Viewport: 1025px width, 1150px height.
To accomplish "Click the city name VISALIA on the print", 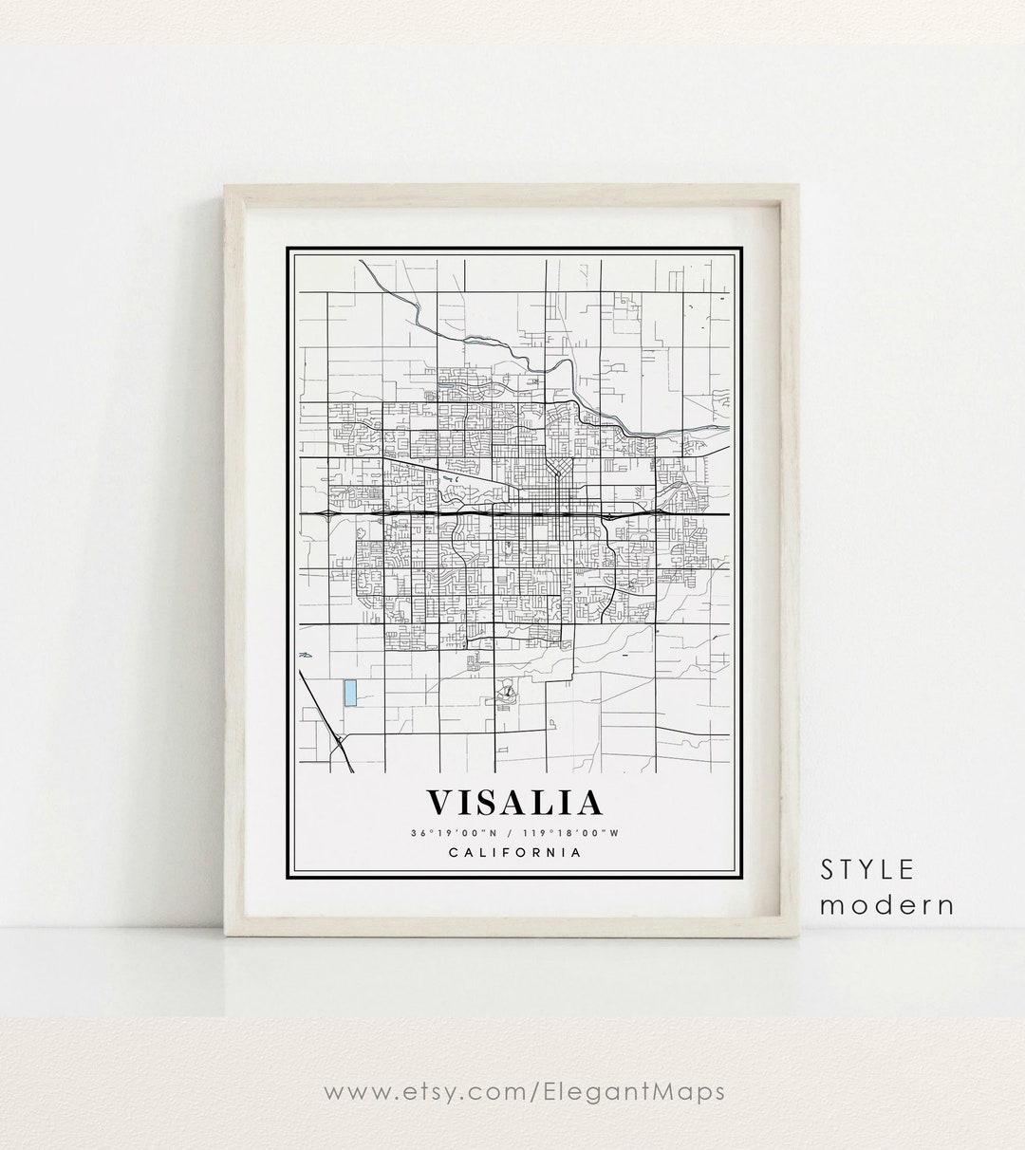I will click(513, 803).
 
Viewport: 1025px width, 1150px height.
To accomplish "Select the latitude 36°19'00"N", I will click(453, 833).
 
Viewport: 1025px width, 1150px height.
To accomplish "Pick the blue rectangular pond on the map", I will click(350, 694).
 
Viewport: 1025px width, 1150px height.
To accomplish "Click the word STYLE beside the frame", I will click(867, 869).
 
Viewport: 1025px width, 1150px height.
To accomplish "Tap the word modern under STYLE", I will click(887, 904).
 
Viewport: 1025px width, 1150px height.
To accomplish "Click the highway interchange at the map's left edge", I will click(327, 512).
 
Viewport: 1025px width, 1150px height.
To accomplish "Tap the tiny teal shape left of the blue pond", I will click(306, 655).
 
